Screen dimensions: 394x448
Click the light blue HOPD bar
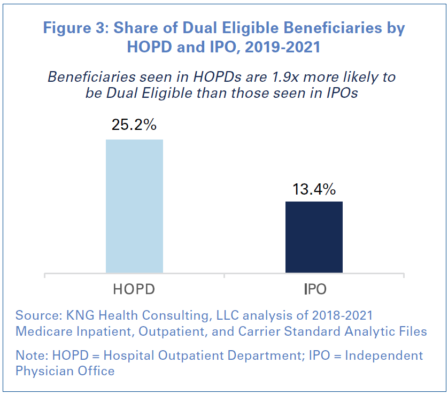click(134, 206)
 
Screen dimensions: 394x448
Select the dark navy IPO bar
click(314, 237)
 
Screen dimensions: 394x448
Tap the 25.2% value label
click(134, 125)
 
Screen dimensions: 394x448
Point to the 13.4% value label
click(314, 189)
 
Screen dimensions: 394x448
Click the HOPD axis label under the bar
click(134, 290)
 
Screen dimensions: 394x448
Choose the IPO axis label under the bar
click(314, 290)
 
